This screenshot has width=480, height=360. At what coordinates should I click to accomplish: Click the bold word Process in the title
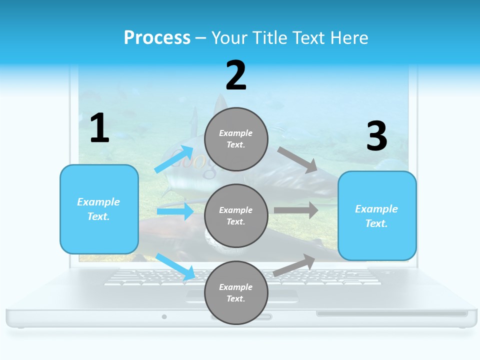(157, 38)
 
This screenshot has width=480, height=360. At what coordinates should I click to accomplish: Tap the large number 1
(99, 128)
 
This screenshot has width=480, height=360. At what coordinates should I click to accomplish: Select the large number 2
(236, 75)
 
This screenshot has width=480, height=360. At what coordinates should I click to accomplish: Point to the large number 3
(376, 136)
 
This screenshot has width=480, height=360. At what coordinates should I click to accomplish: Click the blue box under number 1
(99, 209)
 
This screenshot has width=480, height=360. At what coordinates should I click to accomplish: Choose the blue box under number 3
(377, 216)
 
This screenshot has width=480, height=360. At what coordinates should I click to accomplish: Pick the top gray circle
(236, 139)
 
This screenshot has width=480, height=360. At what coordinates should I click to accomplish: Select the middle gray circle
(236, 215)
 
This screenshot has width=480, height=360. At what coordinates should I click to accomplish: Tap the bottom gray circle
(236, 292)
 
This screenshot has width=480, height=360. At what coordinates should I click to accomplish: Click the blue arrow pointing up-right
(174, 159)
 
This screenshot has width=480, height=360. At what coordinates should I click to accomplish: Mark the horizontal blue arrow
(175, 211)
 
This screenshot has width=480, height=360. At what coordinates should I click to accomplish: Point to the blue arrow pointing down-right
(175, 266)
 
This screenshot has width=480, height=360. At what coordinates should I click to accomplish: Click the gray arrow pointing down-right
(297, 159)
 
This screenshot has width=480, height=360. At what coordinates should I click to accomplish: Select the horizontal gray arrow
(296, 210)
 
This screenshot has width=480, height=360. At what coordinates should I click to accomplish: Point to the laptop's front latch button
(241, 317)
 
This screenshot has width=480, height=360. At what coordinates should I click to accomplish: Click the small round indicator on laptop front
(164, 316)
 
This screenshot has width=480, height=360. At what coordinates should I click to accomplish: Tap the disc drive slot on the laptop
(392, 314)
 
